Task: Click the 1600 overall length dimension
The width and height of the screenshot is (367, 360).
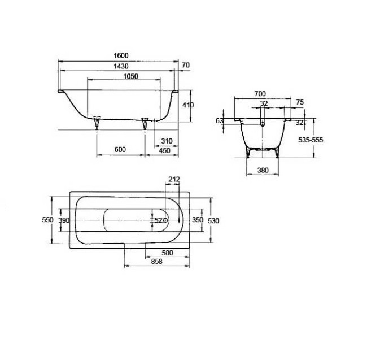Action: pos(120,55)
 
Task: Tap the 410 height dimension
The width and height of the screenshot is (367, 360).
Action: pos(188,105)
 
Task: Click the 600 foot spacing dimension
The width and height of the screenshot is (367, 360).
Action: pos(119,149)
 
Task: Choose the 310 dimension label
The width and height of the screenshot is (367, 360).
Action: pos(166,141)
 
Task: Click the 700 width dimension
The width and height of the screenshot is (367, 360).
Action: pos(260,93)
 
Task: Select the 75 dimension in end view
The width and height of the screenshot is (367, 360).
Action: pos(299,102)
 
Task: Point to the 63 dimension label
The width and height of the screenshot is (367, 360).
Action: pos(220,120)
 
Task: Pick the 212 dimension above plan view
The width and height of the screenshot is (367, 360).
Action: pos(174,180)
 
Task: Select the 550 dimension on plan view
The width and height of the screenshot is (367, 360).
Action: pos(47,220)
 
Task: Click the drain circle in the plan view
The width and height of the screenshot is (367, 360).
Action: pos(165,220)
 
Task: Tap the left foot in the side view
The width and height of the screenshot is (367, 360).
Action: pos(97,122)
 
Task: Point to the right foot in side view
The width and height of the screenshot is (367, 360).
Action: pos(146,123)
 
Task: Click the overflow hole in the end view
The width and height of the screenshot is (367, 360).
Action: pos(263,122)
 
